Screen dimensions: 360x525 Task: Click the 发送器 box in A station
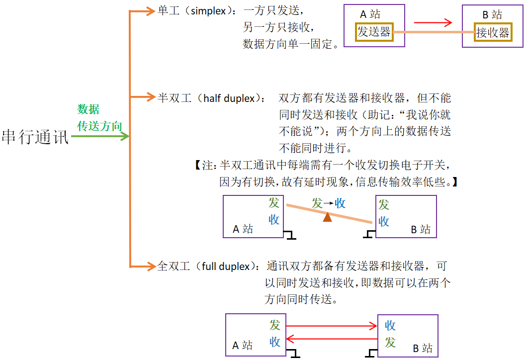(x=374, y=32)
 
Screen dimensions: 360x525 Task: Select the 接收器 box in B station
(x=492, y=33)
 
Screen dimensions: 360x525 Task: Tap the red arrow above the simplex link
(x=433, y=22)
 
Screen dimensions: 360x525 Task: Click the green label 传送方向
(x=99, y=126)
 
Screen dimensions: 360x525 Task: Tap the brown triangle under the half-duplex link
(x=327, y=217)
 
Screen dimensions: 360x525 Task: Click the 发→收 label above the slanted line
(x=329, y=203)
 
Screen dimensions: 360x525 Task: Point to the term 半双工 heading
(x=175, y=98)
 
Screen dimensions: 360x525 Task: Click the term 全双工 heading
(x=174, y=266)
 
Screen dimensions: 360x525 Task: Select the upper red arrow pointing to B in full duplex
(x=332, y=326)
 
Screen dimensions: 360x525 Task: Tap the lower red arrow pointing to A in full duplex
(x=332, y=340)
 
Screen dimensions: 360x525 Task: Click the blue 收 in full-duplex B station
(x=390, y=326)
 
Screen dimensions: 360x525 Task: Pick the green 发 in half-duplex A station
(x=274, y=203)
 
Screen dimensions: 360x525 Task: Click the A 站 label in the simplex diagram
(x=370, y=15)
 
